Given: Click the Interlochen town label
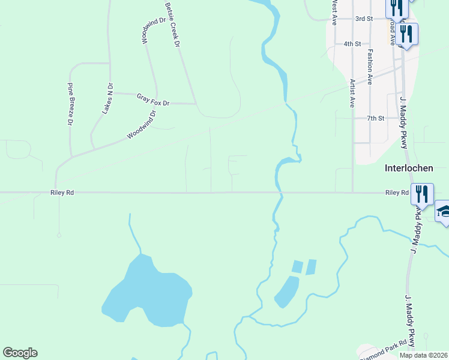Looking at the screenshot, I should click(409, 169).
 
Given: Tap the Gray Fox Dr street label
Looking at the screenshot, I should click(153, 100).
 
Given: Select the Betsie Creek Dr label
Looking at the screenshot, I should click(172, 25).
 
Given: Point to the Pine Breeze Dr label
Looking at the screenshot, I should click(70, 104).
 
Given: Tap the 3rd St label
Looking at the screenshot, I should click(364, 19).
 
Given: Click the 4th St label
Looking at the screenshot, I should click(352, 44).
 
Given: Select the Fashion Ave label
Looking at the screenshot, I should click(370, 66).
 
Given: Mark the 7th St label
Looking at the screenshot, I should click(376, 118).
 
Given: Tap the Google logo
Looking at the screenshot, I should click(20, 353).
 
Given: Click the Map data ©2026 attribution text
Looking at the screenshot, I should click(423, 355).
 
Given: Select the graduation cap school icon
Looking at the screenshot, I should click(444, 211).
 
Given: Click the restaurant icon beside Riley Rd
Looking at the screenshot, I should click(422, 194).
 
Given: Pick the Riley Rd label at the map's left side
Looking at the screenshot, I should click(62, 193).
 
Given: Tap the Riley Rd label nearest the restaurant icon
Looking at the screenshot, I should click(396, 193).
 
